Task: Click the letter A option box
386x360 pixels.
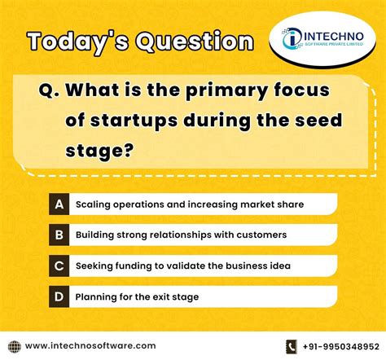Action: (x=59, y=204)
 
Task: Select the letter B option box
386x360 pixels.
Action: (x=59, y=235)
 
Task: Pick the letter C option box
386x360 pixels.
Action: (x=59, y=266)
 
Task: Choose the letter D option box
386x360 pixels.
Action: (x=59, y=296)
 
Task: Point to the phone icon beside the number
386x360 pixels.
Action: (x=292, y=346)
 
